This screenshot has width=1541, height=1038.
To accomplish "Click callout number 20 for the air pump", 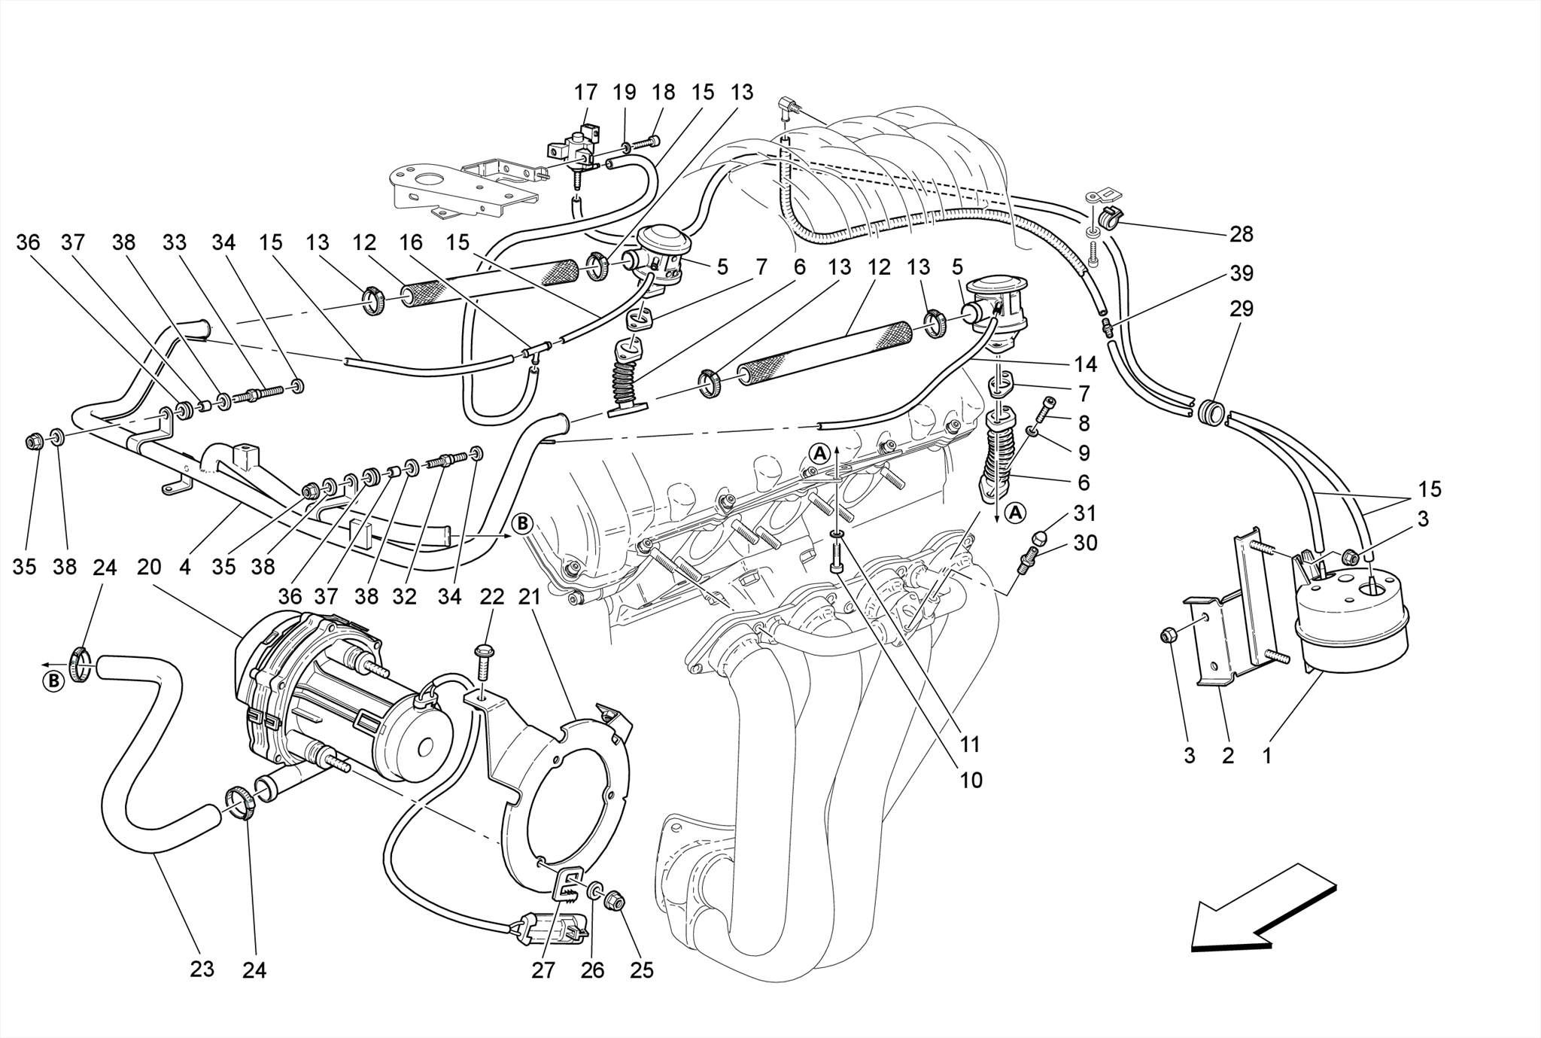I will click(x=149, y=567).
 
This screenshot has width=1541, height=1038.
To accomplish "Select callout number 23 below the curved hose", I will click(x=202, y=970).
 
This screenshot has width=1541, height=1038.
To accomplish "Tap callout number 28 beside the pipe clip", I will click(x=1241, y=234).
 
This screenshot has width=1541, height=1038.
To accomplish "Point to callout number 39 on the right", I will click(x=1241, y=273).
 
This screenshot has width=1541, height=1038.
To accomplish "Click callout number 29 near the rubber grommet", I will click(x=1241, y=309).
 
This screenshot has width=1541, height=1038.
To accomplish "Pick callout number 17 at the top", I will click(x=585, y=93).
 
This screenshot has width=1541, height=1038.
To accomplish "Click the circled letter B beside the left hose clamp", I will click(x=53, y=682).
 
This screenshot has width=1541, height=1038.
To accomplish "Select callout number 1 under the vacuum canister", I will click(x=1266, y=755).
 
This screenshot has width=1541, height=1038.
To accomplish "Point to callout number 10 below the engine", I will click(x=971, y=780).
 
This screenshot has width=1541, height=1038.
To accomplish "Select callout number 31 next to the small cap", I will click(x=1084, y=513).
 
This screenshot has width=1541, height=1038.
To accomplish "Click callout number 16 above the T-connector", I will click(x=411, y=243).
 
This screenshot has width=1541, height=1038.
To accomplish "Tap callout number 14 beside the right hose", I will click(x=1085, y=364).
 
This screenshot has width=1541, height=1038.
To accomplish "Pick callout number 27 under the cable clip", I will click(x=543, y=970).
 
